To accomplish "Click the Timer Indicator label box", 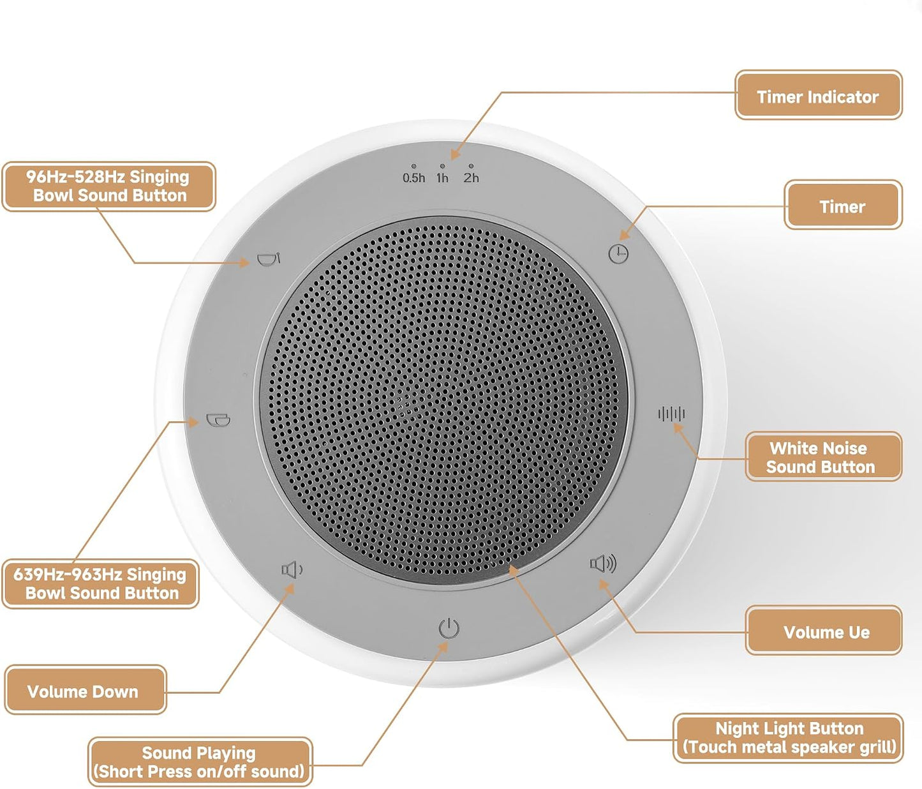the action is pos(819,95).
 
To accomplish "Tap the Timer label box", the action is pos(843,205).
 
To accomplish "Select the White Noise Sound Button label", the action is pos(824,456).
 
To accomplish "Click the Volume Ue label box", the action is pos(824,631).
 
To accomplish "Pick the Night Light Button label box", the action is pos(788,739).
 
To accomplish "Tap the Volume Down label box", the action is pos(86,690).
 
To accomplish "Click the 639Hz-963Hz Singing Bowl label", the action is pos(101,583).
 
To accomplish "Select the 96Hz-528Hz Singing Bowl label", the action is pos(109,186).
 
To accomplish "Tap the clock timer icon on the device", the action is pos(618,254).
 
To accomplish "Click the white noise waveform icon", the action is pos(671,414).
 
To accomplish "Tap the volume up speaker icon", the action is pos(603,564).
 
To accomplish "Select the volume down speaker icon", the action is pos(292,570).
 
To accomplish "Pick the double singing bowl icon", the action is pos(218,420).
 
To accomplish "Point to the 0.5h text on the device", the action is pos(414,178).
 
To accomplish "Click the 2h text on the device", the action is pos(471,178).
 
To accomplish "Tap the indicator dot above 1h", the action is pos(442,166).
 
